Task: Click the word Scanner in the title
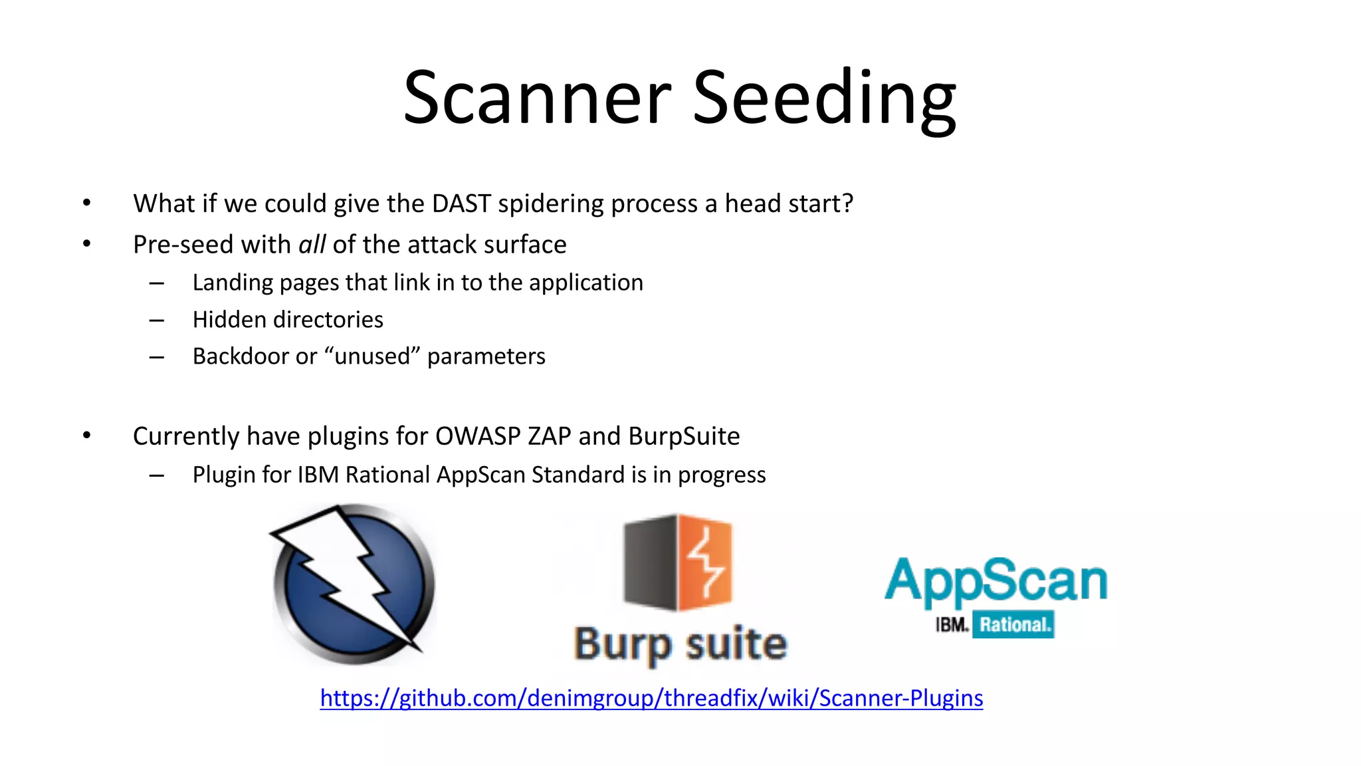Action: tap(537, 98)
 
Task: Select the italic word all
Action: tap(312, 245)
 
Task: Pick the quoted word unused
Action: tap(372, 356)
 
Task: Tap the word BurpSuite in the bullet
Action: tap(684, 436)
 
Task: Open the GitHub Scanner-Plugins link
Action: tap(651, 698)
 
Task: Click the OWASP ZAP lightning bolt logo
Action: tap(353, 584)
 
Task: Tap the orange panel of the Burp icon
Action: tap(705, 563)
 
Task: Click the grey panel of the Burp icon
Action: tap(649, 563)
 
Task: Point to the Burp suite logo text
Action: tap(680, 644)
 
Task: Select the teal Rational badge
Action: tap(1013, 625)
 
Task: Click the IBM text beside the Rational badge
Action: tap(952, 625)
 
